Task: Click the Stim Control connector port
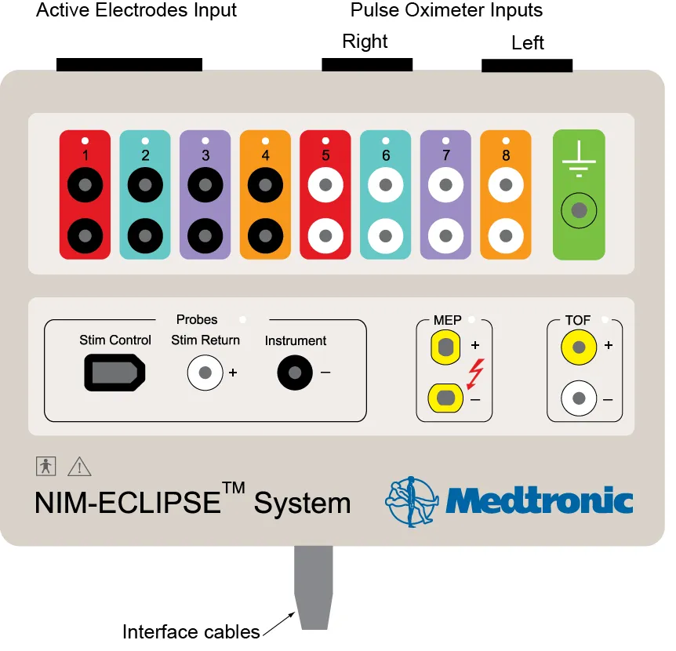click(x=114, y=373)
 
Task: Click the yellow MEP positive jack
click(x=446, y=346)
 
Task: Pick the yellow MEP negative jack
click(x=446, y=398)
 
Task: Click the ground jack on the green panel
click(x=579, y=210)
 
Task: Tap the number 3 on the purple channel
click(x=205, y=155)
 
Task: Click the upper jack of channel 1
click(x=85, y=186)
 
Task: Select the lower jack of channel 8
click(x=506, y=234)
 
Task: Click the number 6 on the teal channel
click(x=386, y=155)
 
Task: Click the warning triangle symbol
click(x=79, y=467)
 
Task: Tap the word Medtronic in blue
click(x=539, y=500)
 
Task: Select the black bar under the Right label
click(x=367, y=64)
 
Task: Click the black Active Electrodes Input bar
click(x=129, y=64)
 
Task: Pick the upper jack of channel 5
click(x=325, y=186)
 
